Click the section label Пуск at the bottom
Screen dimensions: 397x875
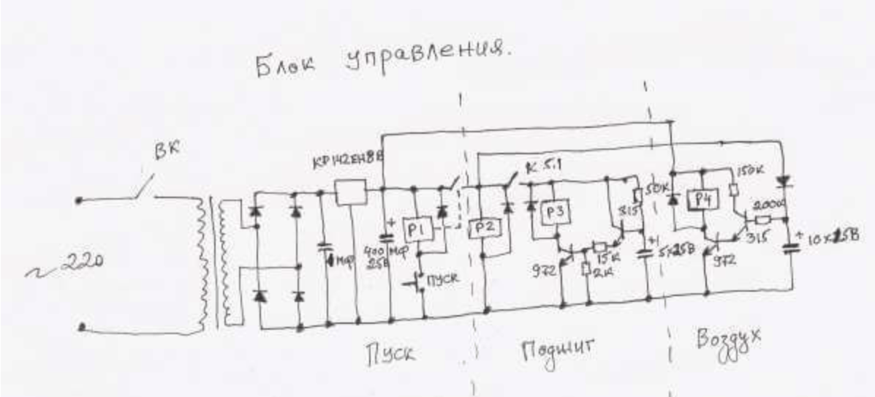pos(390,354)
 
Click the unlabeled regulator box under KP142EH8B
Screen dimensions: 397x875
pos(349,192)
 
